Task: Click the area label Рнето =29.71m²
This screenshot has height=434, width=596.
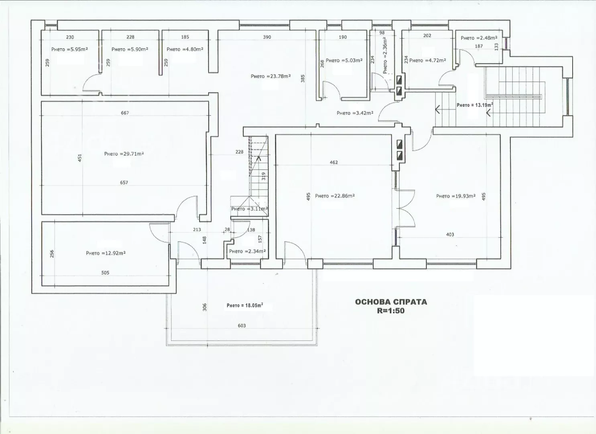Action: tap(124, 154)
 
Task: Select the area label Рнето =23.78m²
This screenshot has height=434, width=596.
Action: tap(271, 76)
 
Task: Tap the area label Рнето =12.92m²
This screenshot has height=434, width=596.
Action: tap(106, 253)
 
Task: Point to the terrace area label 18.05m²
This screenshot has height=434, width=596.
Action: tap(245, 305)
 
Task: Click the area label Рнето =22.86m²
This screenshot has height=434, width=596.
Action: tap(335, 196)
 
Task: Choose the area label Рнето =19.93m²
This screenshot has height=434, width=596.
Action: tap(456, 196)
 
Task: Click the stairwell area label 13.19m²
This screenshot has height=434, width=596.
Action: tap(475, 105)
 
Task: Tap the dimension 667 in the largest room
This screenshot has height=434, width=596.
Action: tap(125, 113)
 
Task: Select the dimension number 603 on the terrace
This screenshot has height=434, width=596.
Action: tap(242, 325)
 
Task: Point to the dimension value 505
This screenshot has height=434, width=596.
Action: tap(105, 273)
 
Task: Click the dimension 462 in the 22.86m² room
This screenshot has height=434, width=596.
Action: tap(334, 162)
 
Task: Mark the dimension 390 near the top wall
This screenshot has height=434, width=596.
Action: tap(267, 37)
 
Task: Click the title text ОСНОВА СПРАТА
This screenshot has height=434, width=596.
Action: tap(391, 302)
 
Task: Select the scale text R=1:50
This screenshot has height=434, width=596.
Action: tap(391, 311)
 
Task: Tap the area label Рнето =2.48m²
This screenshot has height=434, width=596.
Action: tap(479, 38)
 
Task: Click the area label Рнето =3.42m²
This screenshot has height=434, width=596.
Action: tap(355, 113)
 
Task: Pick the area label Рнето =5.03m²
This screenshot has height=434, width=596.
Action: tap(344, 60)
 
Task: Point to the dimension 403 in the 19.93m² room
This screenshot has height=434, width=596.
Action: tap(450, 235)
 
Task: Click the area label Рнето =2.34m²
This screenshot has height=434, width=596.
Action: tap(248, 251)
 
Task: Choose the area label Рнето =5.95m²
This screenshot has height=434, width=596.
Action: tap(69, 49)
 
